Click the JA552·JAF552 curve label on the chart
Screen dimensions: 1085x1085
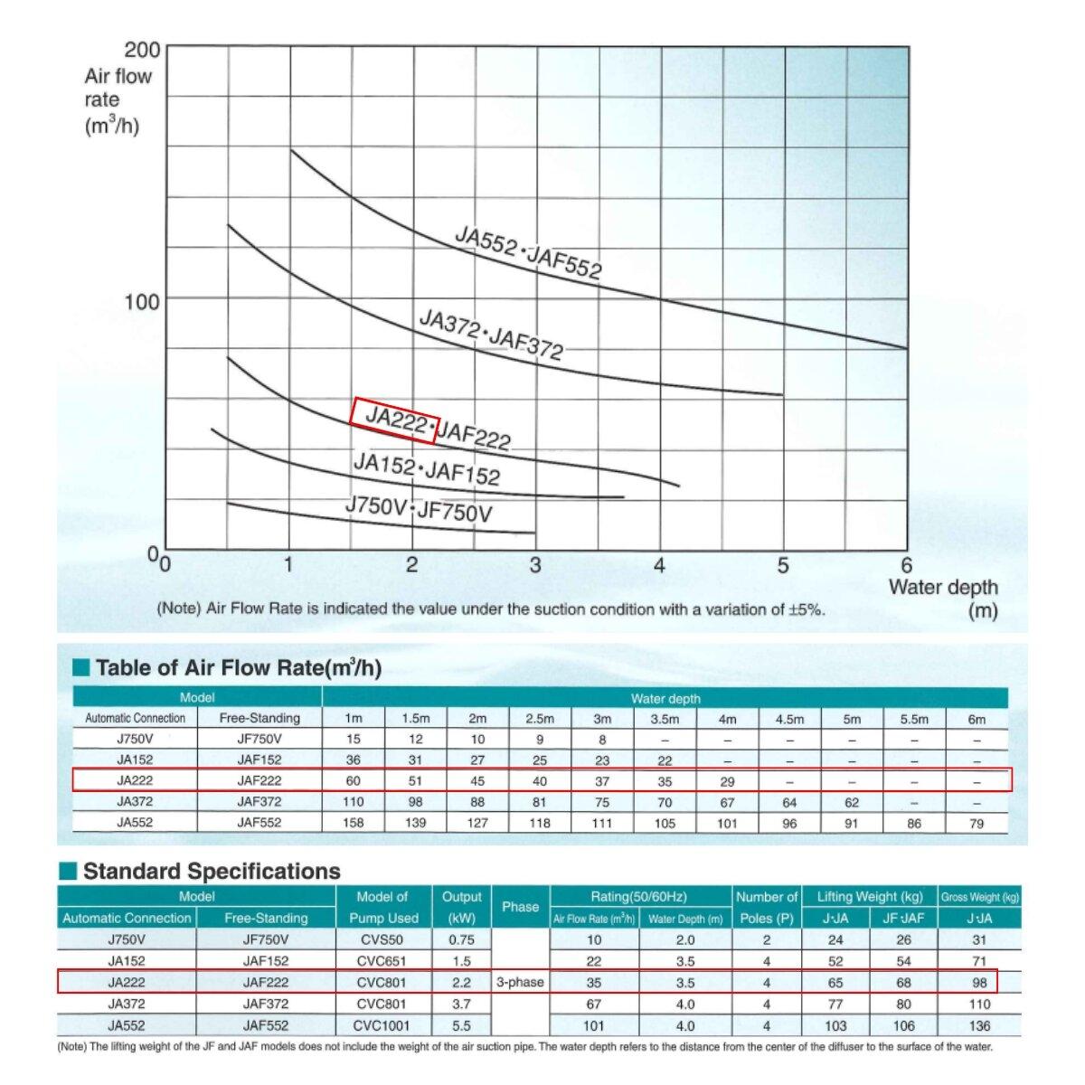[x=528, y=254]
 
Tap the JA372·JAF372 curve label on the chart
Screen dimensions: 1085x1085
[x=491, y=333]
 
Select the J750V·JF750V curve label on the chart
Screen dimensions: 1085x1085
[x=419, y=510]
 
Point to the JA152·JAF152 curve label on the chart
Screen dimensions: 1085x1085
[x=426, y=468]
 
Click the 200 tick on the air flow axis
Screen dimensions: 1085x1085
[x=142, y=50]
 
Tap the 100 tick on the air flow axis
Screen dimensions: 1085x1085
[x=142, y=300]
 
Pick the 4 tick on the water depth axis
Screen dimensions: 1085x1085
[x=659, y=566]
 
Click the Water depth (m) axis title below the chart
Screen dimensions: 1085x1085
[x=943, y=598]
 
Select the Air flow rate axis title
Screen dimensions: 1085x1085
[x=117, y=100]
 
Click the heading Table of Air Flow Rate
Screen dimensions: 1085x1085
[x=238, y=668]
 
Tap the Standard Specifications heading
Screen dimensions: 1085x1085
[x=212, y=872]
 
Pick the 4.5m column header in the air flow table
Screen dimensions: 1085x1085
[x=789, y=720]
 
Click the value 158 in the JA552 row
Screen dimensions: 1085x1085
[x=354, y=823]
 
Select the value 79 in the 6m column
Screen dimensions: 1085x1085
[x=976, y=823]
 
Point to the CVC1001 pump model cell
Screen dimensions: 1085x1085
[x=382, y=1025]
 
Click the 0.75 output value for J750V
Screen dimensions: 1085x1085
[x=461, y=939]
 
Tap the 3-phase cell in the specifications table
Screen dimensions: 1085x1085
[x=520, y=982]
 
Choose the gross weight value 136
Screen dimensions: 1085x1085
[x=979, y=1025]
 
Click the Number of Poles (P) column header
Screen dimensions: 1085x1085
[x=766, y=907]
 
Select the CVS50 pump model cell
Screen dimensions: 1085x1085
[x=382, y=939]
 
